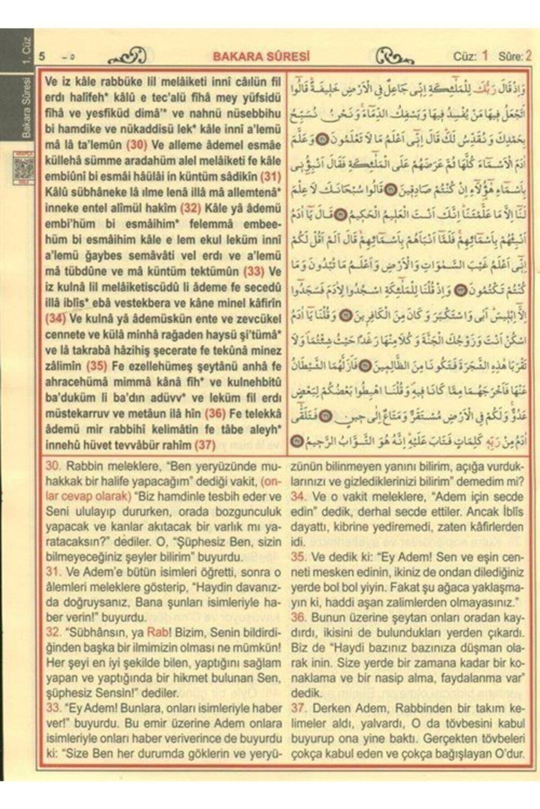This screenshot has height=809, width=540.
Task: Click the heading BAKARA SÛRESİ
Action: tap(261, 56)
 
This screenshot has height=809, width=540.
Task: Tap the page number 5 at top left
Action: tap(42, 57)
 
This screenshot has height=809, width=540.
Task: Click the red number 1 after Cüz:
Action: tap(485, 56)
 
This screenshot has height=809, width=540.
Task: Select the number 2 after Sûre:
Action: tap(528, 56)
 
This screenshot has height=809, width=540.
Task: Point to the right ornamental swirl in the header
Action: tap(394, 57)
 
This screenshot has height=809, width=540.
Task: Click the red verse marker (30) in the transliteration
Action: tap(137, 145)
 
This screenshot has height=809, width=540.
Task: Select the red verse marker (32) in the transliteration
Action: tap(191, 209)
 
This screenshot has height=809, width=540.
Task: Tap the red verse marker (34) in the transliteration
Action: tap(55, 319)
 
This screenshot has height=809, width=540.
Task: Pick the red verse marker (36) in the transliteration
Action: tap(215, 413)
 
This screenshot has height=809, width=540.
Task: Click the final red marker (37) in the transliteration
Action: tap(205, 445)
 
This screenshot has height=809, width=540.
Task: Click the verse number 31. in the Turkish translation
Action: tap(54, 573)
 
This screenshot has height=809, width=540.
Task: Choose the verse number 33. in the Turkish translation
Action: tap(54, 708)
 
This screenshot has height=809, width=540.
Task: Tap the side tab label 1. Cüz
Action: tap(26, 50)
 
